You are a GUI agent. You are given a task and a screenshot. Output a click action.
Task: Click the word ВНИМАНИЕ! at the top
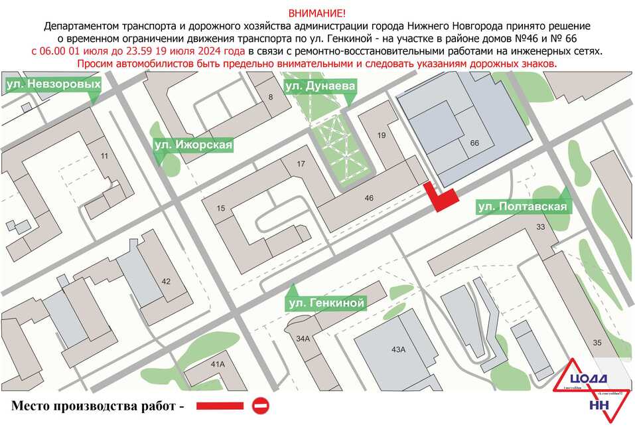(317, 13)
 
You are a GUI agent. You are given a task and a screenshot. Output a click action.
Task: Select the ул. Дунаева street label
(320, 86)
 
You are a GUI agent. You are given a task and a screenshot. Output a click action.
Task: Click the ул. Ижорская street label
(193, 144)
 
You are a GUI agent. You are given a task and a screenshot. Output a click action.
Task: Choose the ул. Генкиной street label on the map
(326, 303)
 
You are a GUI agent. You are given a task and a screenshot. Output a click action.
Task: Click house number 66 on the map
(474, 143)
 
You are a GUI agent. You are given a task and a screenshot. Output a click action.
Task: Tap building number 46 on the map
(369, 198)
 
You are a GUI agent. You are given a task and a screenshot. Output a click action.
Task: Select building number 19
(381, 135)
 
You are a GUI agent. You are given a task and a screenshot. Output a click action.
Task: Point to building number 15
(221, 209)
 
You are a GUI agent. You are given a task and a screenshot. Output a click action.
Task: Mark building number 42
(166, 281)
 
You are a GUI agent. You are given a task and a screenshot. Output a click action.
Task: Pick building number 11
(104, 156)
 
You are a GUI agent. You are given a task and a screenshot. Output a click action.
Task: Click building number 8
(270, 98)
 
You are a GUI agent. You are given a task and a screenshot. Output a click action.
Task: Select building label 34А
(303, 339)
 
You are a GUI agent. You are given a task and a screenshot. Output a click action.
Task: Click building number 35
(597, 343)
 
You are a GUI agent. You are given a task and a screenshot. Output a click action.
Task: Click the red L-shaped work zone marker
(441, 198)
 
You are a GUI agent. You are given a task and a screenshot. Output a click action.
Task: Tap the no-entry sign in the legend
(260, 404)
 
